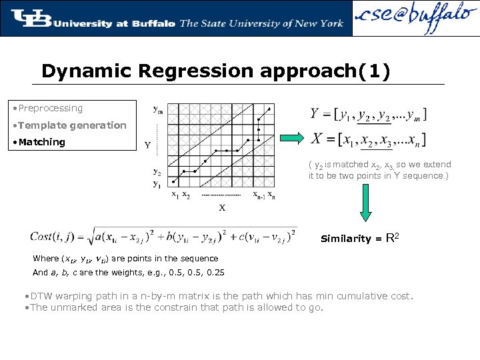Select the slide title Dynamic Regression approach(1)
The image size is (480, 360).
click(215, 71)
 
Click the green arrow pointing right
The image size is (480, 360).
click(291, 138)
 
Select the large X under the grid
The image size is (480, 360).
click(222, 207)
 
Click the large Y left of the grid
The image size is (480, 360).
click(147, 145)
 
